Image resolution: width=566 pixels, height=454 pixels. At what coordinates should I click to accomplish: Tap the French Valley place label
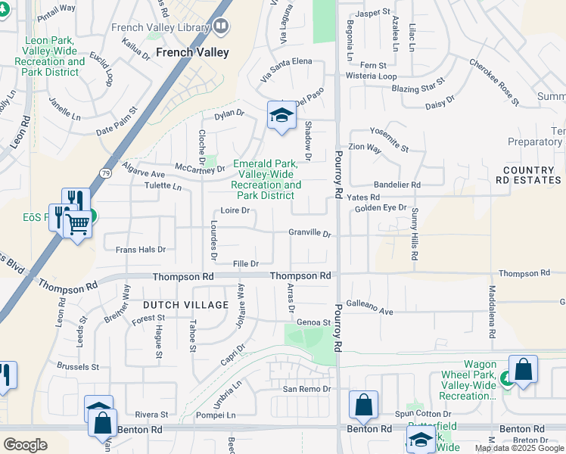[191, 53]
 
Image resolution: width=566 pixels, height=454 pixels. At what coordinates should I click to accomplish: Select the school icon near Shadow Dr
[281, 116]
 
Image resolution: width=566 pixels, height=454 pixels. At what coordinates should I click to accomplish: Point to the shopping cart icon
[77, 223]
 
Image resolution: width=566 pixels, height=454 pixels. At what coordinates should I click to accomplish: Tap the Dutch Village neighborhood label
[185, 305]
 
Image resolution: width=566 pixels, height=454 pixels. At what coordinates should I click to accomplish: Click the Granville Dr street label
[310, 234]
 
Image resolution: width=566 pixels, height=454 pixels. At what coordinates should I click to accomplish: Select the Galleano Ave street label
[370, 310]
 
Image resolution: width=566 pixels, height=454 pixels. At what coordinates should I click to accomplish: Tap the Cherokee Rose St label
[494, 82]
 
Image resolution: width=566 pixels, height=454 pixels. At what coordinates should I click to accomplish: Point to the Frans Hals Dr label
[140, 249]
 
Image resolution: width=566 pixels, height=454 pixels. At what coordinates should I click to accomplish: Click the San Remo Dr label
[307, 389]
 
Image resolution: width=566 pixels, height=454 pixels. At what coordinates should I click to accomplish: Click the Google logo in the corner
[25, 445]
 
